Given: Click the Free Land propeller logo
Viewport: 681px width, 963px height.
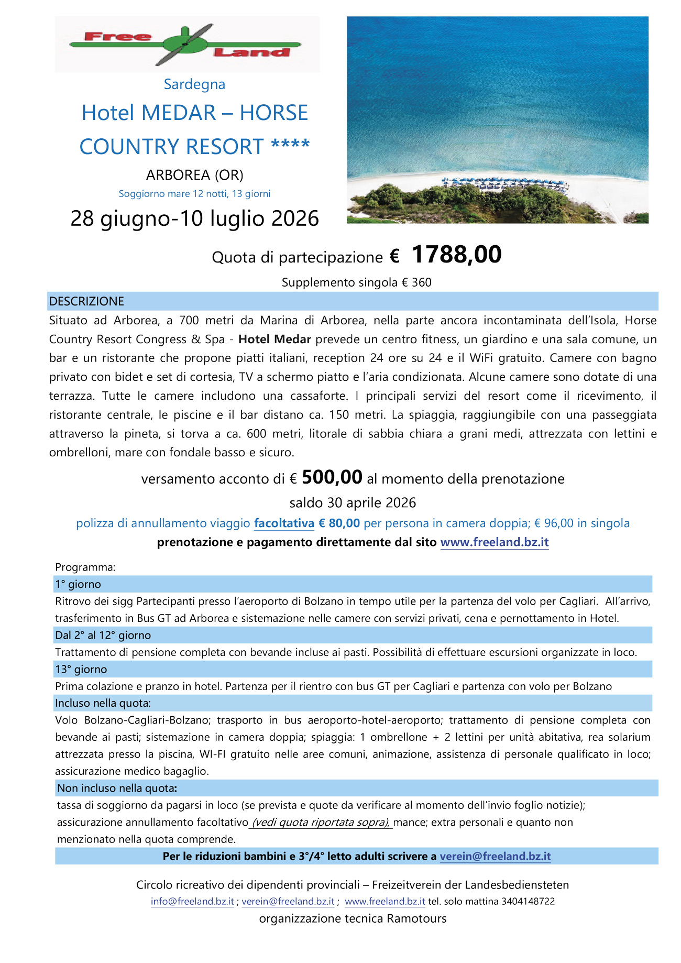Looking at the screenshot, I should (x=186, y=44).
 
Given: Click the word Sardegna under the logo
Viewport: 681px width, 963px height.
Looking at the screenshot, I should (x=194, y=84).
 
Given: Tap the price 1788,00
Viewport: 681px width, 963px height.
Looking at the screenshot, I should (x=456, y=255).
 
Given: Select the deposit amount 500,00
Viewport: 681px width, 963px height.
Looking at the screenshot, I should (x=332, y=477).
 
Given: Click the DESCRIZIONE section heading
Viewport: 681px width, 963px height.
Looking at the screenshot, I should (x=86, y=301).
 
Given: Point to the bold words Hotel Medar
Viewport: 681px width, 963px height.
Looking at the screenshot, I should (x=274, y=340).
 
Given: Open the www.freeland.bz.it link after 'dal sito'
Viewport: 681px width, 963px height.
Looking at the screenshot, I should (x=494, y=542).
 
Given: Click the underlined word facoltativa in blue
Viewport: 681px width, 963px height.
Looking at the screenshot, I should (x=284, y=523).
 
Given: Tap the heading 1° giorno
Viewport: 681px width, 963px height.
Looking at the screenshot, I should (x=78, y=584).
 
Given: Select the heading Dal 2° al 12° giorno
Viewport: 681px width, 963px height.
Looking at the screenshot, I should (x=103, y=636).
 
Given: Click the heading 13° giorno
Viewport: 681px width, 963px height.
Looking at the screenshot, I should (x=81, y=670).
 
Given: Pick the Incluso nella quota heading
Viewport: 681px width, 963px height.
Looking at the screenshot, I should (x=103, y=703).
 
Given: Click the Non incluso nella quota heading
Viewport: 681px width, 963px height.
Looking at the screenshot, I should (x=117, y=789).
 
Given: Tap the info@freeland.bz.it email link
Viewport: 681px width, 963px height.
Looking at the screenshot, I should (x=192, y=902).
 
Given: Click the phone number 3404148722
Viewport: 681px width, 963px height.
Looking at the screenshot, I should (x=528, y=902).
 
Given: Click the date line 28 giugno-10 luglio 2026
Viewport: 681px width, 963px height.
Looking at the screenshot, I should (x=194, y=218).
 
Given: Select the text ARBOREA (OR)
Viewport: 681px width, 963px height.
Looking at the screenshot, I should (x=194, y=175).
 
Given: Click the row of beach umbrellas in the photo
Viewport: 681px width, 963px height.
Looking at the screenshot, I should (x=503, y=183).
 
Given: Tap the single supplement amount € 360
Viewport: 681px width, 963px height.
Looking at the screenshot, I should (x=416, y=283).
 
